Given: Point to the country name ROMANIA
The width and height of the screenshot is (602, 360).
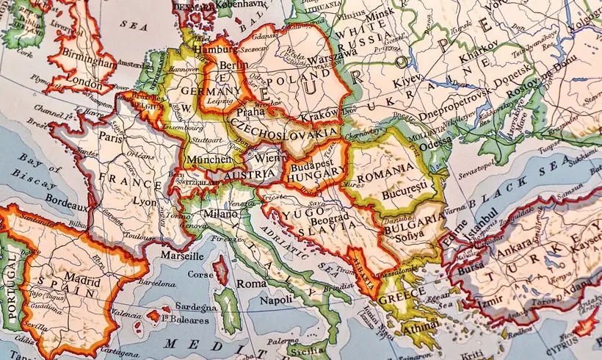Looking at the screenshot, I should [x=384, y=169].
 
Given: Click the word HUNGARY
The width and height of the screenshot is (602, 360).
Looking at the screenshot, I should [x=316, y=177].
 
